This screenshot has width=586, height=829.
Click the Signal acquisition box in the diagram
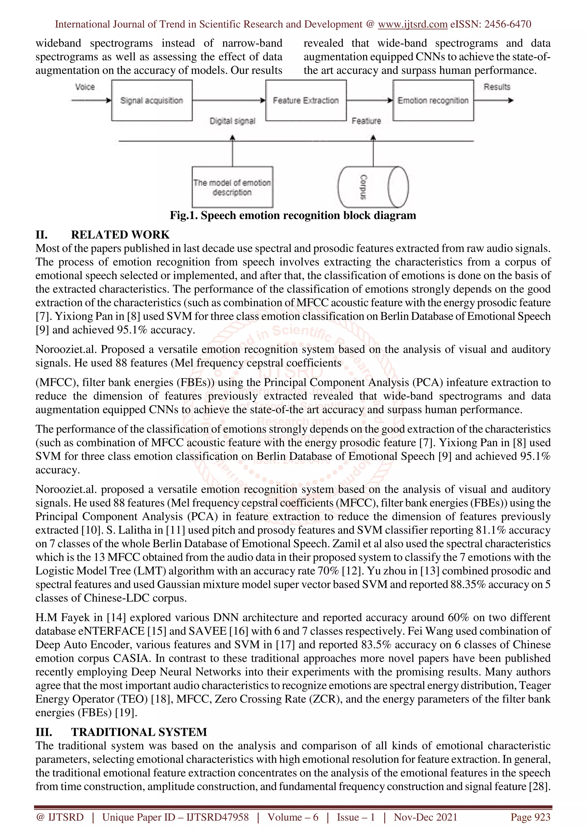click(152, 100)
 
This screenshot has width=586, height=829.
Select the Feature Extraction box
click(306, 100)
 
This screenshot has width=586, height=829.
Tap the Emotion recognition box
click(433, 100)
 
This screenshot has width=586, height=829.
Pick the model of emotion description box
click(232, 187)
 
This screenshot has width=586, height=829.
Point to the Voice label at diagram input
click(85, 87)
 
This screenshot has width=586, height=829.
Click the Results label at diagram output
click(497, 87)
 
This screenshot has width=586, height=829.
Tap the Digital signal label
click(233, 121)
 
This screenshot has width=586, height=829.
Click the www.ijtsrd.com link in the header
click(413, 24)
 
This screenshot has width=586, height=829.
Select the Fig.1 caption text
click(293, 216)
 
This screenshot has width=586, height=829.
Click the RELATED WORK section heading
click(120, 235)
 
